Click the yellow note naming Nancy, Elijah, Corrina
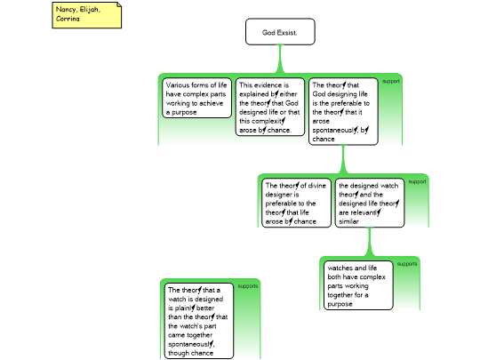click(x=86, y=15)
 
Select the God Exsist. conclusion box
click(x=280, y=32)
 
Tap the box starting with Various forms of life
click(x=196, y=98)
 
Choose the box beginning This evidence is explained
click(x=270, y=107)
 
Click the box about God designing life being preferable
click(x=343, y=111)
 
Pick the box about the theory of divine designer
click(x=296, y=203)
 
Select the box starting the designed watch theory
click(x=370, y=203)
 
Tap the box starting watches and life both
click(x=358, y=285)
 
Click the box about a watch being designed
click(x=199, y=321)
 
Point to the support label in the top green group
click(x=391, y=82)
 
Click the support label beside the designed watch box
click(x=417, y=182)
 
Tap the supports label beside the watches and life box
click(x=407, y=264)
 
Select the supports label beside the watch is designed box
click(x=248, y=286)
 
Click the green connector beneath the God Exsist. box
click(x=280, y=59)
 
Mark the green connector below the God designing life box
click(x=343, y=159)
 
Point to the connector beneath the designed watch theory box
click(x=370, y=242)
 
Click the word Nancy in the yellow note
click(x=67, y=10)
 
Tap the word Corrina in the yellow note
click(x=68, y=19)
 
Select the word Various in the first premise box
click(x=177, y=85)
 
